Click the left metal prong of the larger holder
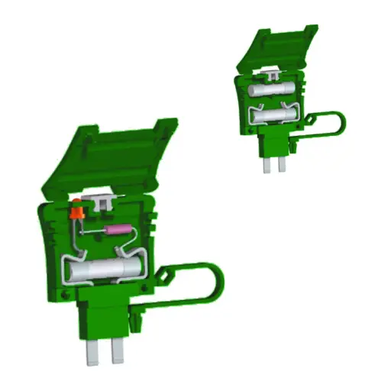tap(93, 351)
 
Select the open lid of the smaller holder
tap(279, 50)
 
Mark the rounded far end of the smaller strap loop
tap(341, 122)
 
